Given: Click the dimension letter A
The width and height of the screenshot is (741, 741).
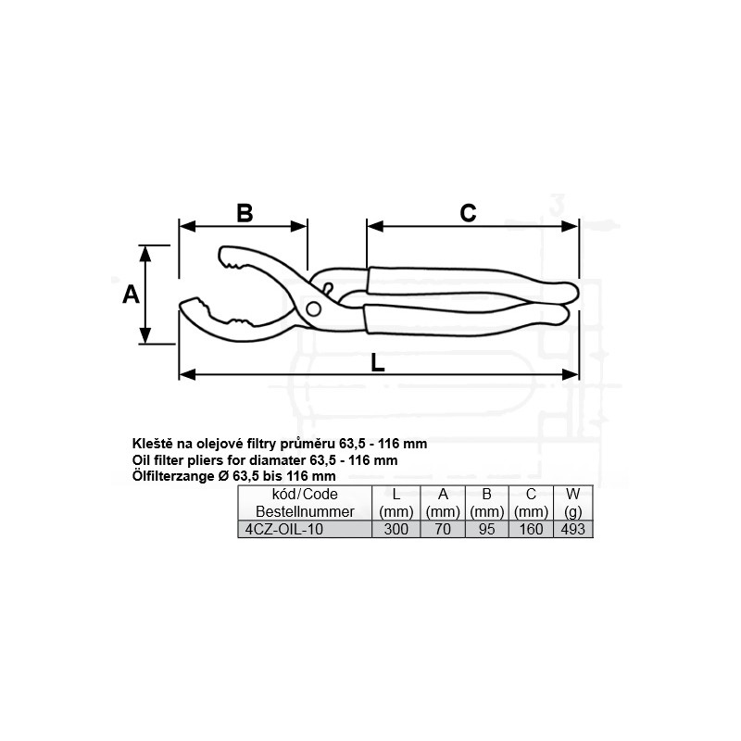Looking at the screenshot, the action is click(x=131, y=295).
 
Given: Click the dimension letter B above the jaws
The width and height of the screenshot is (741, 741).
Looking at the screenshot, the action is click(x=245, y=213).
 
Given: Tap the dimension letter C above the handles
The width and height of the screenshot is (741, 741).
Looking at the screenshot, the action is click(x=468, y=213).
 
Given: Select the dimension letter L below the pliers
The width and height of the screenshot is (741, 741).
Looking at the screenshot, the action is click(x=377, y=363).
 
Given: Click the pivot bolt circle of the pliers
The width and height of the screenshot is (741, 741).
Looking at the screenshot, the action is click(x=313, y=309).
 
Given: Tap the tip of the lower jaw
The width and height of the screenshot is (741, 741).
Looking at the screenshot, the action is click(x=182, y=305).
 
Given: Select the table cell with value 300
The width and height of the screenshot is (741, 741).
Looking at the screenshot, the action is click(x=396, y=529).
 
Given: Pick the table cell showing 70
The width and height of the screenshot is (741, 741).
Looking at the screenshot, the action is click(x=443, y=529).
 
